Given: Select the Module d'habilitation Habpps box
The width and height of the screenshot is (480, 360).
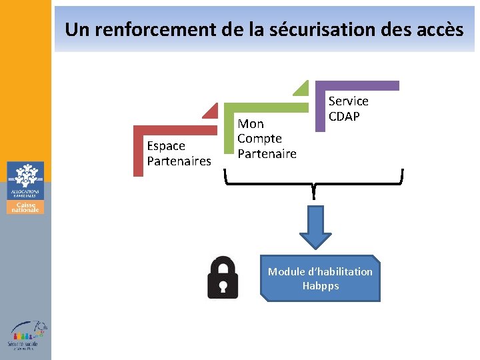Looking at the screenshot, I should point(321,279).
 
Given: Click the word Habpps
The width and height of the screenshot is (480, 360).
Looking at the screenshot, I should point(321,286).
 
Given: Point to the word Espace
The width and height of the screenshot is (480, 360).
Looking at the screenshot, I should point(166,146).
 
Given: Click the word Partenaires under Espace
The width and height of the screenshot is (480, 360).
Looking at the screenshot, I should point(179,161).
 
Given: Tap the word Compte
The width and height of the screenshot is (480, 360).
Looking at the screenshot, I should point(259,139).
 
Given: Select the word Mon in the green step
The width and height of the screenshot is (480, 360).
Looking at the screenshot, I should point(251,124).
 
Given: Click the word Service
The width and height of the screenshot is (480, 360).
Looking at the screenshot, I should point(348,101).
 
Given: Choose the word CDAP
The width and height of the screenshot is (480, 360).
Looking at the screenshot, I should point(344,116).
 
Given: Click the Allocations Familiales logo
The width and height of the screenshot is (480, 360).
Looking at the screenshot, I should point(25,179).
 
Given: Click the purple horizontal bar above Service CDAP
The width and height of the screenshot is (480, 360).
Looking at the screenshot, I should point(360,85).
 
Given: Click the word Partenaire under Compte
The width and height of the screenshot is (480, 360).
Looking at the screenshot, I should point(267,154).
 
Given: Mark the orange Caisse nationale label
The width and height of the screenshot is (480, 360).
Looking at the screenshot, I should point(25,207).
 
